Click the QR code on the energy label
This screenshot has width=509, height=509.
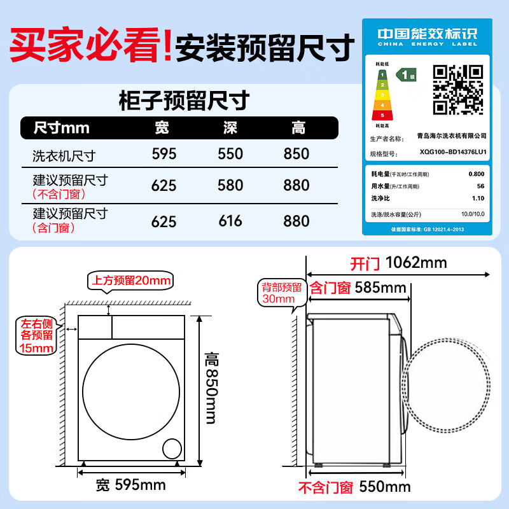[457, 89]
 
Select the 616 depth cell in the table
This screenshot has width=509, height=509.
[230, 221]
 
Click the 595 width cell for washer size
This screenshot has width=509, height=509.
[164, 154]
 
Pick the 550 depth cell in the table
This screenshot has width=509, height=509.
[230, 154]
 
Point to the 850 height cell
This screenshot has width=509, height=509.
[296, 154]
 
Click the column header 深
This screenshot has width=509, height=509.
[230, 129]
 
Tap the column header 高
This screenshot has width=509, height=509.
[298, 129]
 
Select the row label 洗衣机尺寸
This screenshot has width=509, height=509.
[64, 155]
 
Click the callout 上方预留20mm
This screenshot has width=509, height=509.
[131, 281]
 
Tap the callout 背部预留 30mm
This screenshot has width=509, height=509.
[278, 293]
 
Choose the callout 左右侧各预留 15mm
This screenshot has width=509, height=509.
[37, 337]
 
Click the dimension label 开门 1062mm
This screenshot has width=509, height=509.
[398, 263]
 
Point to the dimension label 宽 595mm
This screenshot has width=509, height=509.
[130, 486]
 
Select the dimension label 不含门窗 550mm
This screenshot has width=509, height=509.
[354, 488]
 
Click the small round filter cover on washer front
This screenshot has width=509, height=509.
[172, 449]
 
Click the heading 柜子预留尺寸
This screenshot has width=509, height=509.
[183, 101]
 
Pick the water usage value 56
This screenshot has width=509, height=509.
[480, 186]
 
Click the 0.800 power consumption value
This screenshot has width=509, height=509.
[476, 174]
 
